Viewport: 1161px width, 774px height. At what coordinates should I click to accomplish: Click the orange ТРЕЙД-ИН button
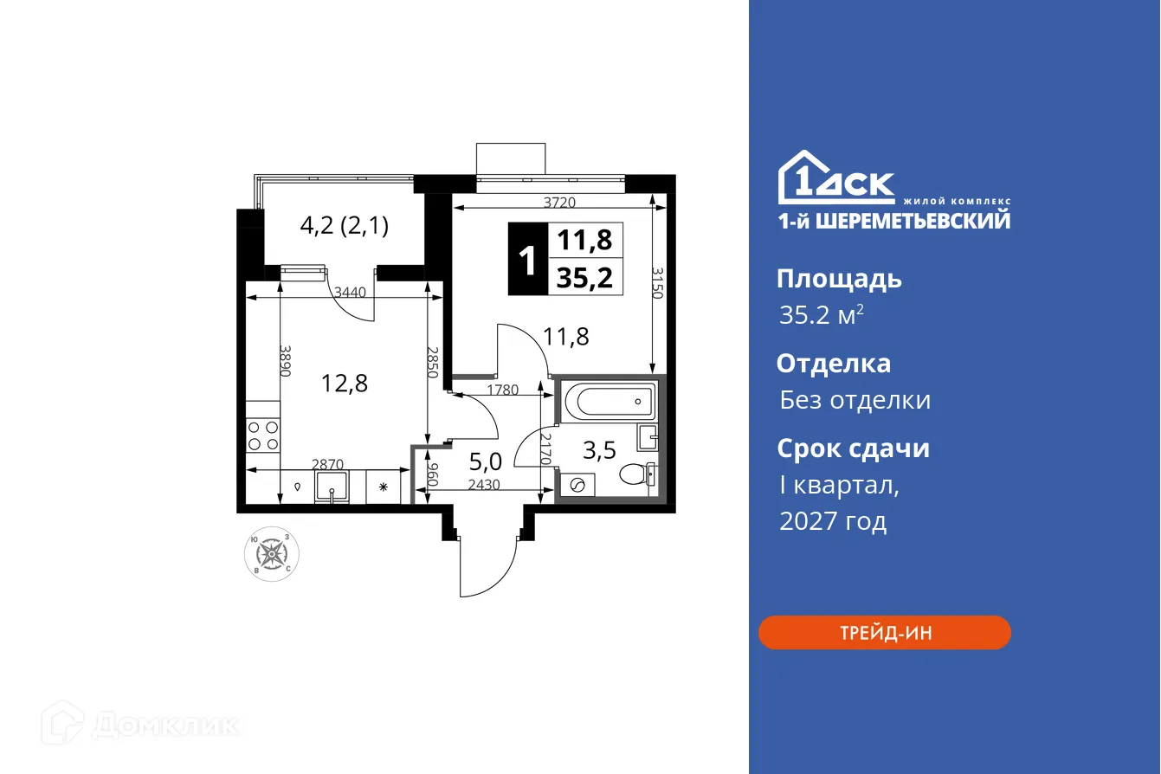(x=884, y=633)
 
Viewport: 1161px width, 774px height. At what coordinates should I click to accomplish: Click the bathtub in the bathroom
(x=607, y=402)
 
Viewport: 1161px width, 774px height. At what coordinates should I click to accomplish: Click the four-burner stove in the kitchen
(x=263, y=435)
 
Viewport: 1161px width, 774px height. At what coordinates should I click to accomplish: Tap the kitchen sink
(x=332, y=487)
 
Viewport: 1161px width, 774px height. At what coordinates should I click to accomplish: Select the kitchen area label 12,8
(x=344, y=384)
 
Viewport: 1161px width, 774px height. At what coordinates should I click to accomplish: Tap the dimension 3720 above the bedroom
(x=559, y=203)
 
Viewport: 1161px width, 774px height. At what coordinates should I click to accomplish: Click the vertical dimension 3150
(x=657, y=283)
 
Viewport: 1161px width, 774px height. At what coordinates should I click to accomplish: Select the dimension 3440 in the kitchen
(x=351, y=293)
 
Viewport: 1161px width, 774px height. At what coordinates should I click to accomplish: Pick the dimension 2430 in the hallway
(x=484, y=485)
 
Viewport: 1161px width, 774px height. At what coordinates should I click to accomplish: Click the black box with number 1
(x=526, y=259)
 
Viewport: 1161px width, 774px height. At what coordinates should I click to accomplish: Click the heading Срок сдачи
(x=852, y=448)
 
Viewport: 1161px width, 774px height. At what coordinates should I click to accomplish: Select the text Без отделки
(x=855, y=400)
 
